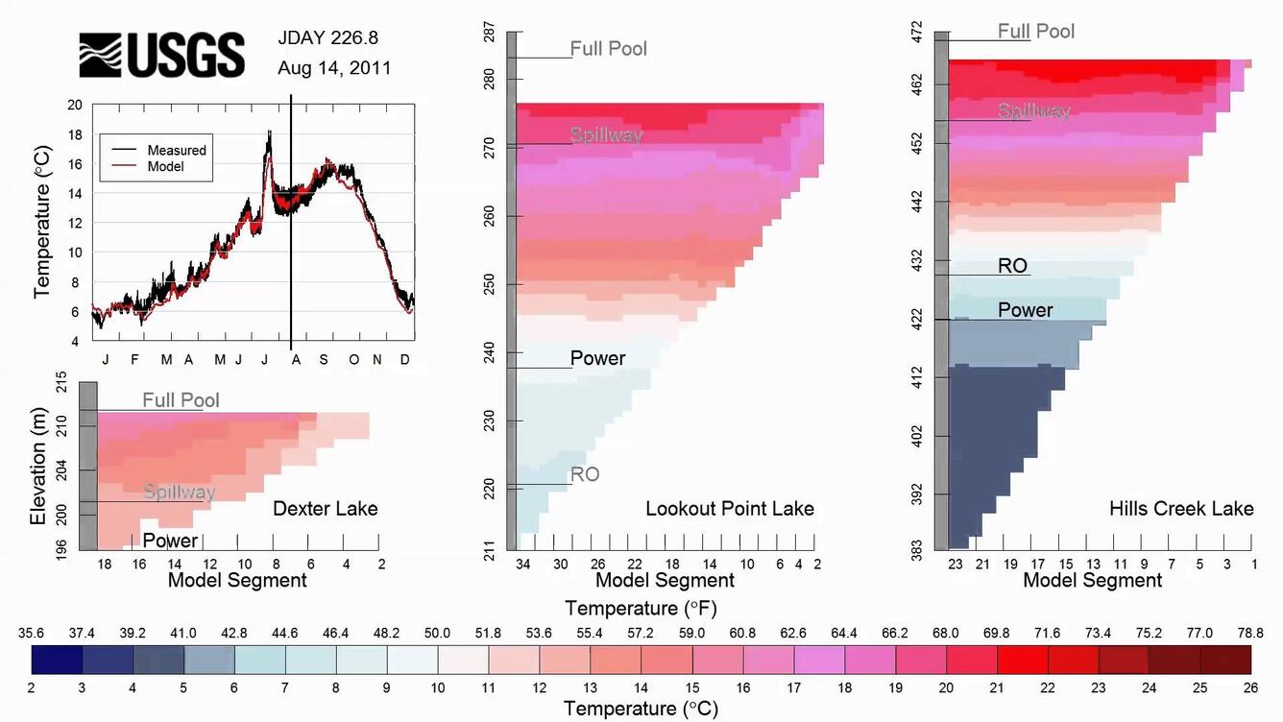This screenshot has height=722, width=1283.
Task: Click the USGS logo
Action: [161, 55]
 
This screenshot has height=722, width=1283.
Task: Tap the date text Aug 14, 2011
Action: [334, 69]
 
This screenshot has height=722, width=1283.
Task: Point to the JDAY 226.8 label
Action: [328, 38]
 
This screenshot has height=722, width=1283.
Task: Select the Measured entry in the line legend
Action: [177, 151]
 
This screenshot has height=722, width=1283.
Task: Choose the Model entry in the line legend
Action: [165, 166]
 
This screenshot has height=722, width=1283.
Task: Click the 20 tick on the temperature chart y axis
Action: [75, 105]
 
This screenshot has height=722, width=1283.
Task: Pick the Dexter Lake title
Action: [326, 509]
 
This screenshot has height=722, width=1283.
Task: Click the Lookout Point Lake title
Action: [730, 509]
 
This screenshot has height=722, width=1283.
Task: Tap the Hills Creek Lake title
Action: [1181, 509]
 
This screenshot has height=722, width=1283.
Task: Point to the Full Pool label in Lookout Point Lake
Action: [609, 48]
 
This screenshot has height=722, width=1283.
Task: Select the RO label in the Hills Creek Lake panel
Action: [1013, 266]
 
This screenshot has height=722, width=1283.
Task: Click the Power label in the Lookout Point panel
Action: [597, 358]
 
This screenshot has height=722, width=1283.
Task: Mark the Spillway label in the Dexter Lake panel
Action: [180, 493]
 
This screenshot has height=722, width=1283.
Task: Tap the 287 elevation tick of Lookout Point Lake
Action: [490, 33]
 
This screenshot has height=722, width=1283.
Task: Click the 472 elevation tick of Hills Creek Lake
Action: [916, 33]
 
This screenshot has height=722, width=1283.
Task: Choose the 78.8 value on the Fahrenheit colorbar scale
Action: [1249, 634]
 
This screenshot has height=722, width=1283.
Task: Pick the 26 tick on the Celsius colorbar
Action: [1251, 687]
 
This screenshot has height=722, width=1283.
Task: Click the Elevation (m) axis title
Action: [39, 469]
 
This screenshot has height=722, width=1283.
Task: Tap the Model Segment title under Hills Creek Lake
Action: [1093, 580]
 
